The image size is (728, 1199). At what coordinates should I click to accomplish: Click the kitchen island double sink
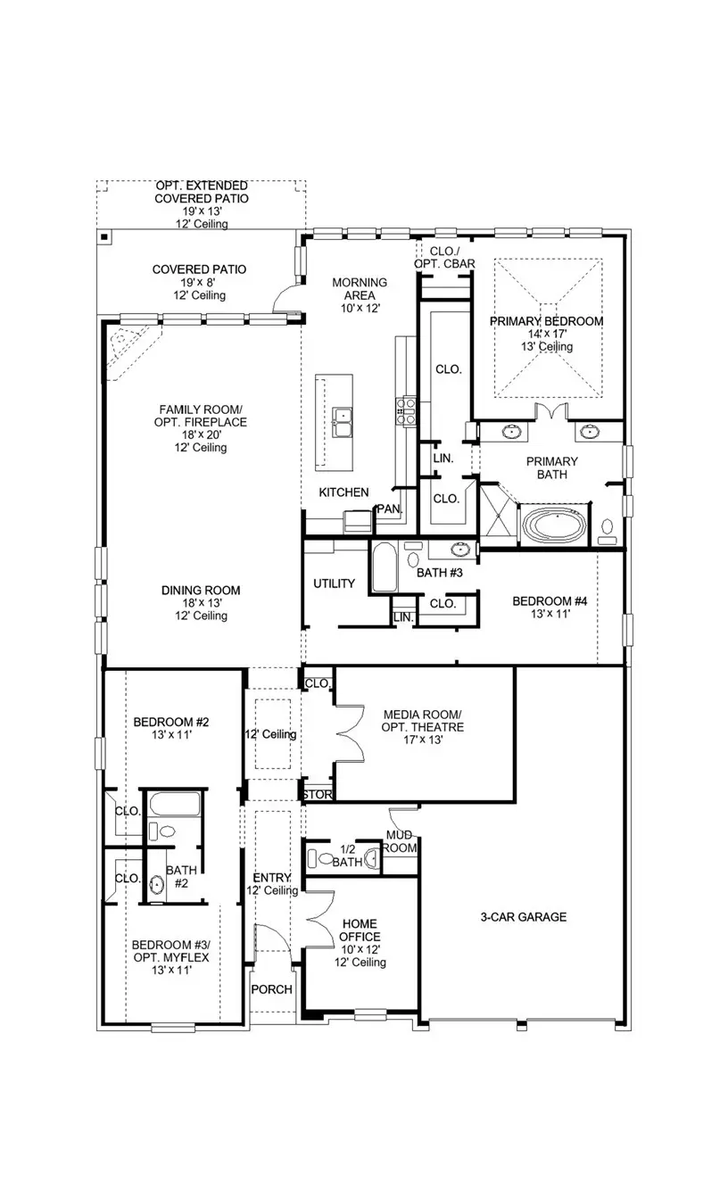342,418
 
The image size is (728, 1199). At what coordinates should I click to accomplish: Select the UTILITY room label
334,584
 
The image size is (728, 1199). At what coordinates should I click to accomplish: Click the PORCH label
271,989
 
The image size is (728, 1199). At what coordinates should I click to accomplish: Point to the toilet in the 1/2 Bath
317,860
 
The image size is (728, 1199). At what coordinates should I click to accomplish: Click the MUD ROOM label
400,841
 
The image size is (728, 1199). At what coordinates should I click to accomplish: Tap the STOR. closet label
317,794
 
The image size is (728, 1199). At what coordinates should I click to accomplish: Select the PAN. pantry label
388,509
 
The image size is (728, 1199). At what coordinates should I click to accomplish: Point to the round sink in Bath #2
157,886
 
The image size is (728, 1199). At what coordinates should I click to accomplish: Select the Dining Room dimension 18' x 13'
200,603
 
